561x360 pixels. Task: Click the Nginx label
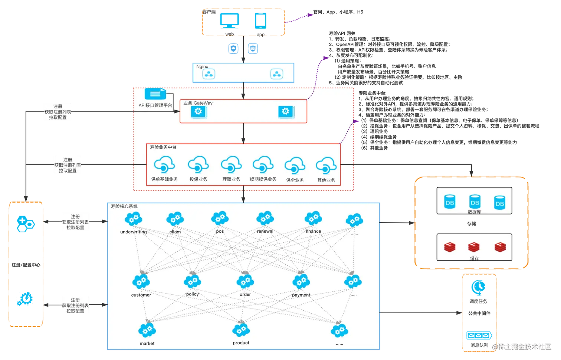click(202, 67)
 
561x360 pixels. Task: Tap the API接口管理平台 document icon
click(155, 94)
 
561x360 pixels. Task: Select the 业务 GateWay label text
click(198, 103)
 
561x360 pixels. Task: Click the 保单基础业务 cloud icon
click(164, 165)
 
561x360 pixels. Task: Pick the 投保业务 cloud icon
click(198, 165)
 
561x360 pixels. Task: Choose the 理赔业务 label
click(231, 179)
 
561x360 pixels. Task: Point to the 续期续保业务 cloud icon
click(263, 165)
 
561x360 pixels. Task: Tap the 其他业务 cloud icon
click(326, 166)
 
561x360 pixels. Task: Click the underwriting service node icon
click(134, 219)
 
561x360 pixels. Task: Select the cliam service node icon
click(175, 219)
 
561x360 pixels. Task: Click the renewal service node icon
click(265, 218)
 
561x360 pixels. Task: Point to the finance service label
click(313, 231)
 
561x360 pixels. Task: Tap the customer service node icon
click(141, 282)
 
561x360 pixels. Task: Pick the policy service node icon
click(192, 282)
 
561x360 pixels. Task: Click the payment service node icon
click(301, 282)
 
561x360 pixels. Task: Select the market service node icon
click(147, 330)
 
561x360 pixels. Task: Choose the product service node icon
click(241, 330)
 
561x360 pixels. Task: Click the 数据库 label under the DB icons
click(474, 212)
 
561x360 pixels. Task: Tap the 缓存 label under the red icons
click(474, 258)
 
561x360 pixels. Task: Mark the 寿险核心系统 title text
click(124, 206)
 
